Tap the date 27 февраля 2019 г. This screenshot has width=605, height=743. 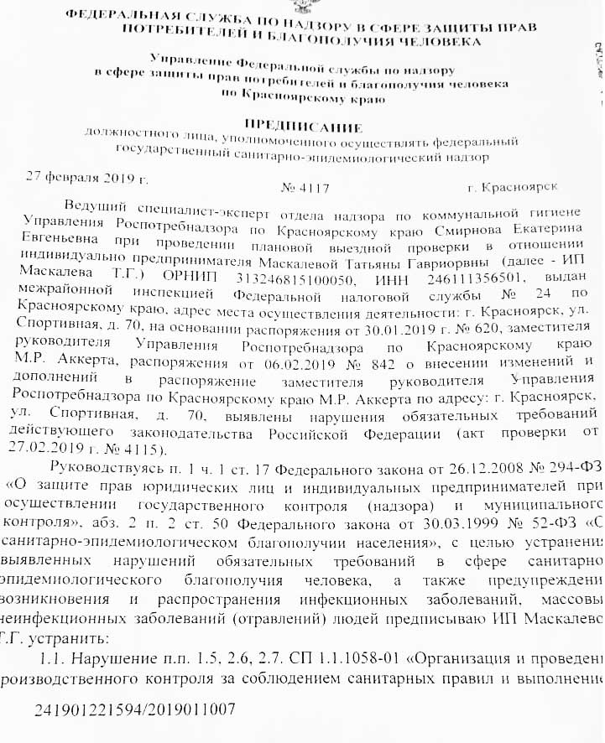(x=87, y=177)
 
